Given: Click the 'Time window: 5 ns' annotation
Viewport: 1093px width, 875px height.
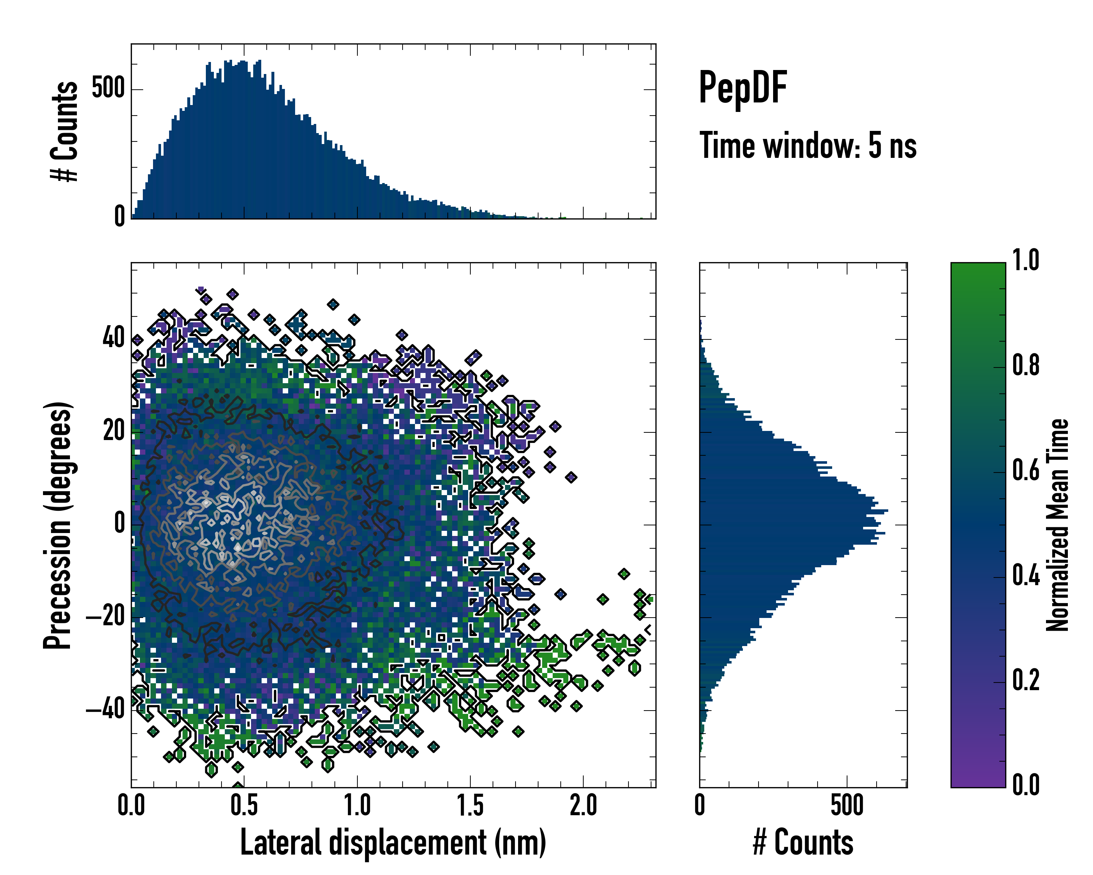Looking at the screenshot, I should tap(808, 145).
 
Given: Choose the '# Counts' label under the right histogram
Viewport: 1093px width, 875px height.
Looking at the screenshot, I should tap(803, 842).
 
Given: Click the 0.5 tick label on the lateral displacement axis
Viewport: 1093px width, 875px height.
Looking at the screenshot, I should tap(244, 805).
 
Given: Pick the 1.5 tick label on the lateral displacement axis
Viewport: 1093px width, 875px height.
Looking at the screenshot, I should tap(470, 805).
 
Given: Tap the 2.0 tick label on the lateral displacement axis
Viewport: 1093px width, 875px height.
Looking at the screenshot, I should tap(583, 805).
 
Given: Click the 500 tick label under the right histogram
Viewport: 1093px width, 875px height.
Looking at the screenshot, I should tap(847, 805).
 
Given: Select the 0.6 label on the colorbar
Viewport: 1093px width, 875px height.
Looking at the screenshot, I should tap(1026, 471).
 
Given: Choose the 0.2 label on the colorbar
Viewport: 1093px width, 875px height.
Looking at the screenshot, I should tap(1026, 681).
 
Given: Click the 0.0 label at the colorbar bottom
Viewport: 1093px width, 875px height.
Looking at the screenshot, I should tap(1026, 785).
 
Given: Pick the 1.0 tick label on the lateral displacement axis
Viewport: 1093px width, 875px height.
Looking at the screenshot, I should tap(357, 805).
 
